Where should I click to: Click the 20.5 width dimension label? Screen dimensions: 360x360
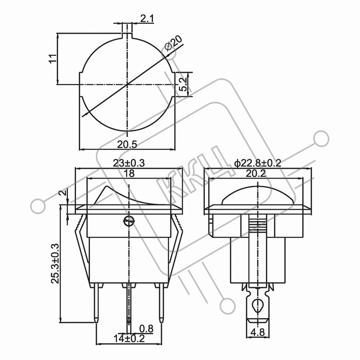[127, 144]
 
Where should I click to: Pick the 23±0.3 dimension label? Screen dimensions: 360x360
[129, 163]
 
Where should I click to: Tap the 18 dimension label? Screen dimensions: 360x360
[129, 173]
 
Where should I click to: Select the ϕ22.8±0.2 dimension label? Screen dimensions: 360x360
[257, 163]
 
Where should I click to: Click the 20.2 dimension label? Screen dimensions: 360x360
[256, 174]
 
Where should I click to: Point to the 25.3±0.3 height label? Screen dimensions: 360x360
[55, 264]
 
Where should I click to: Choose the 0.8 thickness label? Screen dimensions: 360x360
[146, 329]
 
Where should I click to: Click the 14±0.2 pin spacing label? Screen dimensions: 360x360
[129, 338]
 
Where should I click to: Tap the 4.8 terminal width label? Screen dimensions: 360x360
[258, 332]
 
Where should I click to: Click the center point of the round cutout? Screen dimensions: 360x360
[127, 85]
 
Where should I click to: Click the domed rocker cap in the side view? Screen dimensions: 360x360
[257, 194]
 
